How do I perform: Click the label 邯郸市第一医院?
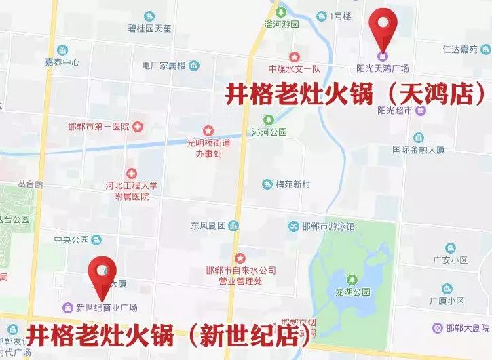pos(98,127)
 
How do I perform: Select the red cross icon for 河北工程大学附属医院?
pos(131,174)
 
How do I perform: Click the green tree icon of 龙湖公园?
pos(352,280)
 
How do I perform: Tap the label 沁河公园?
pos(270,132)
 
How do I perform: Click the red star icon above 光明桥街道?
pos(208,130)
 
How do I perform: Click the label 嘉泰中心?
pos(62,62)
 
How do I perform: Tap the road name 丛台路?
pos(31,184)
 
